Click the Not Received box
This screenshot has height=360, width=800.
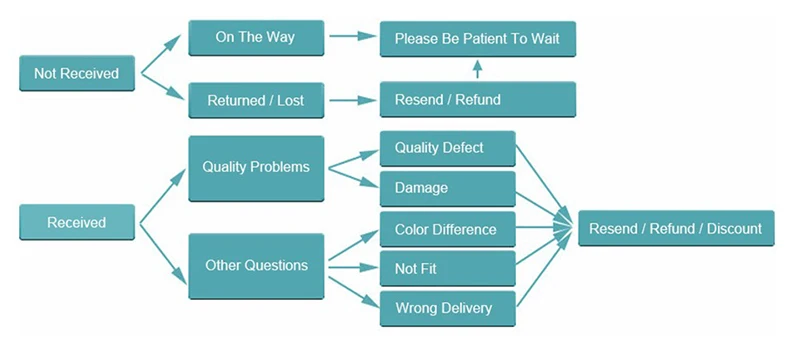click(x=77, y=73)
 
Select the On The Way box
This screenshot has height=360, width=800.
click(x=256, y=38)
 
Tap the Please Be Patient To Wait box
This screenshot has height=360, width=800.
click(x=478, y=39)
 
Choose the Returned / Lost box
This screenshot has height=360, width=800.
click(x=256, y=100)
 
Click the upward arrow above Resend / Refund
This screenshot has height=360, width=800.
click(x=477, y=69)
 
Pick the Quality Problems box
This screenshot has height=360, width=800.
click(x=256, y=168)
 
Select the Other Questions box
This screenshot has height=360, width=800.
click(x=256, y=266)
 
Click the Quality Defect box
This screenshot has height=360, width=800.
click(x=447, y=148)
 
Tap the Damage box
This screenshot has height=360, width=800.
click(x=447, y=189)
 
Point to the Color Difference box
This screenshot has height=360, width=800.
click(x=447, y=229)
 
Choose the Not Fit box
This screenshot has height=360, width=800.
click(x=447, y=268)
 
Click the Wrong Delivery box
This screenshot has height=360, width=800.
click(x=447, y=308)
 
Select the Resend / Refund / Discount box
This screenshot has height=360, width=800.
click(x=676, y=228)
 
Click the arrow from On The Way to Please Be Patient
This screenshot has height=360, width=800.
click(x=353, y=36)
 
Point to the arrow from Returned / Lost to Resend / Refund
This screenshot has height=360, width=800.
click(x=353, y=100)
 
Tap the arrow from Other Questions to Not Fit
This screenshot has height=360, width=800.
click(x=353, y=267)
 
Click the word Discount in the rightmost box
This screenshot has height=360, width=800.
click(x=734, y=228)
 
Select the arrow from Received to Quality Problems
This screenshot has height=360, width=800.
click(x=163, y=196)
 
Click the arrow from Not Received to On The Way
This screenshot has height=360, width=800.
click(x=161, y=54)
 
